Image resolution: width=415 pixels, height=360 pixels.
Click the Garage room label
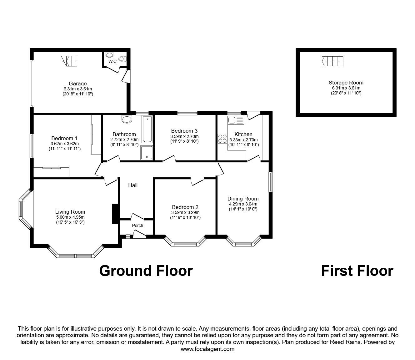click(78, 84)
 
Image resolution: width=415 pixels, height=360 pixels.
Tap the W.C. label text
click(113, 62)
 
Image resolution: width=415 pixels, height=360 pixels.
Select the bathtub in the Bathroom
click(147, 129)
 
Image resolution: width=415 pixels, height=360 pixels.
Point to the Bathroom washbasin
click(127, 119)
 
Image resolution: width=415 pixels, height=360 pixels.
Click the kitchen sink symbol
click(235, 120)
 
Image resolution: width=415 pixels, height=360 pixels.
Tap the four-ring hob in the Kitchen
click(222, 138)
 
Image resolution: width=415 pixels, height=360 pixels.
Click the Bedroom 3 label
click(184, 131)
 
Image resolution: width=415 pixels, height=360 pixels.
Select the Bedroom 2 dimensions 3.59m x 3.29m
click(185, 212)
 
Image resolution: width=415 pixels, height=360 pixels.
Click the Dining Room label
click(243, 199)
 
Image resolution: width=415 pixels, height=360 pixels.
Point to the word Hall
click(133, 185)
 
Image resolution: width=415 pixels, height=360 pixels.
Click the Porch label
click(137, 226)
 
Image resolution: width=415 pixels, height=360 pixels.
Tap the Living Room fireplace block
click(115, 214)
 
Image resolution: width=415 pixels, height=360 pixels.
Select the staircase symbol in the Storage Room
click(332, 61)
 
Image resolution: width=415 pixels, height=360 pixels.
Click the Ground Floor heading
click(146, 271)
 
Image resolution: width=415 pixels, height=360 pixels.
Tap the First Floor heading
click(357, 271)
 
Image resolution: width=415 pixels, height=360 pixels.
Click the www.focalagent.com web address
click(207, 349)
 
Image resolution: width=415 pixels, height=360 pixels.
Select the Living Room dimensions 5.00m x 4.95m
click(70, 217)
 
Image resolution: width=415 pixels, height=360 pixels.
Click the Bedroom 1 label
click(64, 138)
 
